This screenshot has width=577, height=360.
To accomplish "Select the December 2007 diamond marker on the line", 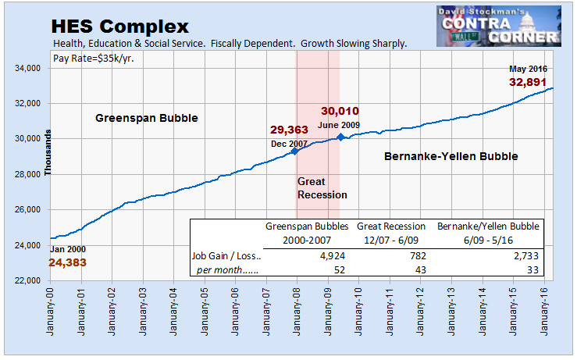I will pos(294,151).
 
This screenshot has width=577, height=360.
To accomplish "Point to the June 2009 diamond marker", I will pos(340,137).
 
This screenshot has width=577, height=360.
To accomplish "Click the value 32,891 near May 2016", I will pos(529,82).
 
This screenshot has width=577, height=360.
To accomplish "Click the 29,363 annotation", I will pos(290,130).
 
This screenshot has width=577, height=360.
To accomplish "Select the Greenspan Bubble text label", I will pos(146,119).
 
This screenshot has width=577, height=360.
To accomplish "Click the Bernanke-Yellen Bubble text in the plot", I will pos(452,157).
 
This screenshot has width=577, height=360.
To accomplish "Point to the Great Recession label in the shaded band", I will pos(321,188).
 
